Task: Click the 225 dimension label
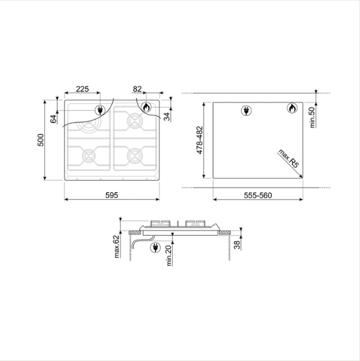[83, 89]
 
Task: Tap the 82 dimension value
[138, 89]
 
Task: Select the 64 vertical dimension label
[53, 119]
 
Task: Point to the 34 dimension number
[167, 117]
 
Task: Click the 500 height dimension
[41, 140]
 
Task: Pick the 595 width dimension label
[112, 195]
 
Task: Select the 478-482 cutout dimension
[200, 140]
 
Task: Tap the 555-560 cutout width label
[258, 195]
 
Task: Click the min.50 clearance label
[312, 117]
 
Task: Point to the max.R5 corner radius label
[289, 158]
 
